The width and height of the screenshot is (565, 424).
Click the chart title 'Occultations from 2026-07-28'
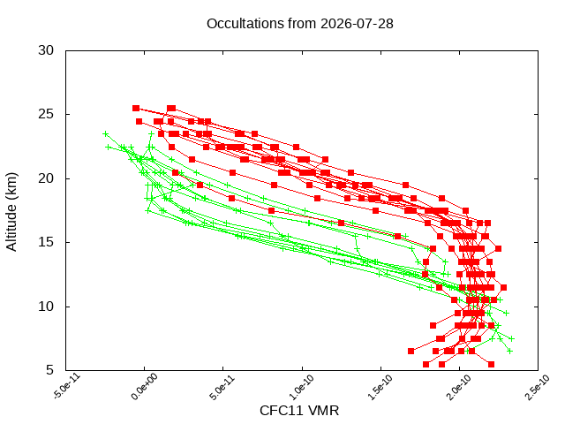tap(300, 24)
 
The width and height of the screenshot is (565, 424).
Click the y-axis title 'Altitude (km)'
tap(11, 212)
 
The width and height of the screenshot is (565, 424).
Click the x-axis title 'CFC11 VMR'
tap(299, 411)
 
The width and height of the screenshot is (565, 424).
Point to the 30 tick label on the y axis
tap(46, 50)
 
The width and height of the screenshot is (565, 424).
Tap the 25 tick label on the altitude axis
tap(46, 114)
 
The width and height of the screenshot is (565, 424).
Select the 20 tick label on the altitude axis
tap(46, 178)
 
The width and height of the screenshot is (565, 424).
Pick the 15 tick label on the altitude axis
tap(46, 242)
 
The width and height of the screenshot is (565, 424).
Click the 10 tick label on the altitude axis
tap(46, 307)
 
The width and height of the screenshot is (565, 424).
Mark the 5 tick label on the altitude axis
tap(49, 370)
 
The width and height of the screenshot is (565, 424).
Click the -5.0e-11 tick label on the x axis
tap(67, 387)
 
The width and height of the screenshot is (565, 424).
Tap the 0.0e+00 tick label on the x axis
tap(144, 387)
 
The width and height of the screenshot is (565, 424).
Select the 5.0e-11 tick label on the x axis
tap(222, 387)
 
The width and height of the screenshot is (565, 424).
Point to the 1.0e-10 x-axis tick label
tap(301, 387)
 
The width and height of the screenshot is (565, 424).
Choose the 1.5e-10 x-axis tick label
tap(380, 387)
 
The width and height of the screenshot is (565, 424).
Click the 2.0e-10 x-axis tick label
tap(459, 387)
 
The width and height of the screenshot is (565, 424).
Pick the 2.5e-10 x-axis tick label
tap(538, 387)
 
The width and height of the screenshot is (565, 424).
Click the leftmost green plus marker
tap(106, 134)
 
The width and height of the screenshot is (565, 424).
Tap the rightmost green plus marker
tap(512, 338)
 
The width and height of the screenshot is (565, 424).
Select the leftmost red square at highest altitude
tap(136, 108)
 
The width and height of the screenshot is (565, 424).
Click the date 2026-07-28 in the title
tap(357, 24)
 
